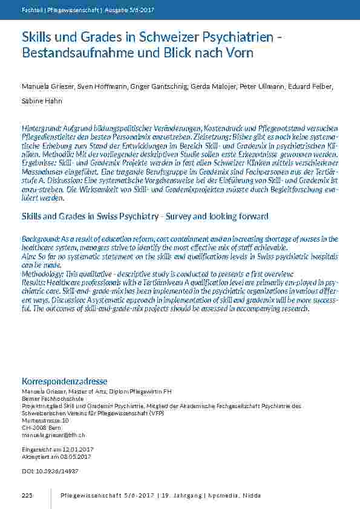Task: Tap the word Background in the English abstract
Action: point(40,239)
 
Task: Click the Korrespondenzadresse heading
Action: point(64,381)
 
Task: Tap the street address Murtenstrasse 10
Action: point(45,420)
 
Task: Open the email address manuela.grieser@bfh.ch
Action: point(53,435)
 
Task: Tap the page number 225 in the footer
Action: point(27,496)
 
